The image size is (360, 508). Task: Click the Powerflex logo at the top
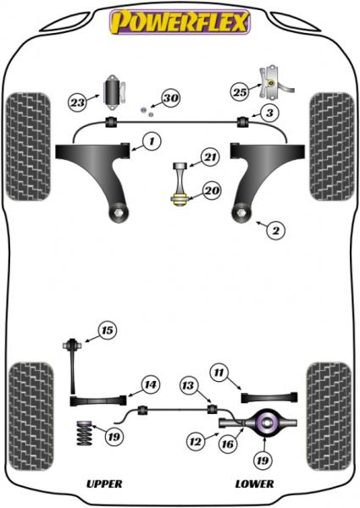click(180, 21)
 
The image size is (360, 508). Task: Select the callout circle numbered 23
click(78, 102)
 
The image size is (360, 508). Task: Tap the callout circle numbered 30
click(170, 99)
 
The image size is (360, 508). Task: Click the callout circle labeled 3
click(267, 113)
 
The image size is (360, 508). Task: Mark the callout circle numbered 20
click(211, 190)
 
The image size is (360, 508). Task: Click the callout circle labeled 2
click(274, 229)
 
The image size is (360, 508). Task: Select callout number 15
click(107, 330)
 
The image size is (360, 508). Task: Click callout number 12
click(197, 440)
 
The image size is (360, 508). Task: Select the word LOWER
click(254, 483)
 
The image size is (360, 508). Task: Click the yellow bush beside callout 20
click(180, 200)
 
